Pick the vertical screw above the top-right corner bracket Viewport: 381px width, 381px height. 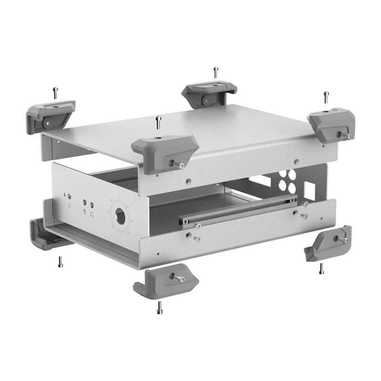[x=326, y=97]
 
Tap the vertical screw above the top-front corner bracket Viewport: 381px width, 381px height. [x=158, y=122]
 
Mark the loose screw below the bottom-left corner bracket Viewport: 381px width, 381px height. [x=60, y=261]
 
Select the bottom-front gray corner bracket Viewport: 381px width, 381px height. [x=165, y=283]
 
